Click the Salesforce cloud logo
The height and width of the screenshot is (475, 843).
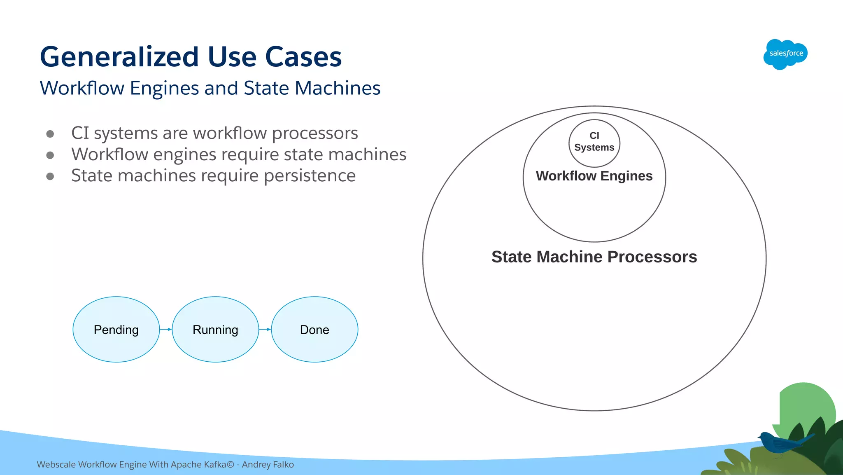[x=785, y=54]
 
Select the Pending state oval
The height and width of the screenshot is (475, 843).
[x=116, y=330]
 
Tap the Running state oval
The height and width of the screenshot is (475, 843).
[x=215, y=330]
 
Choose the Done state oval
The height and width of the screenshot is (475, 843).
[x=314, y=330]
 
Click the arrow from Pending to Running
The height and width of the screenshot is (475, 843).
[x=166, y=329]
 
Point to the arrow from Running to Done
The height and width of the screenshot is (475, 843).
[x=265, y=329]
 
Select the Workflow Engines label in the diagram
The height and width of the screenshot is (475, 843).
[x=594, y=176]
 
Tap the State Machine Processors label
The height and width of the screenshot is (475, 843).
[x=594, y=257]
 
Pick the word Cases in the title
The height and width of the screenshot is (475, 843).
[x=303, y=56]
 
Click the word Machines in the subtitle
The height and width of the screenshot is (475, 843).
[x=338, y=88]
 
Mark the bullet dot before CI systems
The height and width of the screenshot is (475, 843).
[x=50, y=134]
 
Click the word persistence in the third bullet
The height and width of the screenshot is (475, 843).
[x=310, y=176]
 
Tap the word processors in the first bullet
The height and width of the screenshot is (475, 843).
[x=315, y=133]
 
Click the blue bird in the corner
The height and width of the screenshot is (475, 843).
[x=780, y=443]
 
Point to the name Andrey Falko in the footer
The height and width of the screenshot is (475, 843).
[x=268, y=465]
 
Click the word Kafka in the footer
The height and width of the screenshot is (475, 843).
[x=215, y=465]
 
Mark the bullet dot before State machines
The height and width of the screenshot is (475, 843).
[x=50, y=176]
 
